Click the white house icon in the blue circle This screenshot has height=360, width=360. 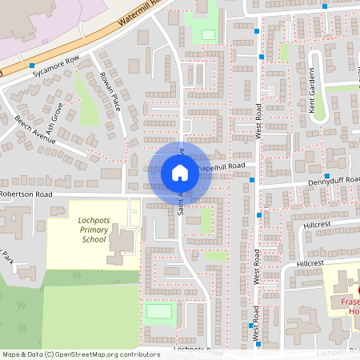[180, 172]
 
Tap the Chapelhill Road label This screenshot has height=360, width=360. [218, 166]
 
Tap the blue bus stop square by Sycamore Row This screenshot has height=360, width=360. [32, 66]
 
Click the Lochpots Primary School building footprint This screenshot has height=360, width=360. [122, 244]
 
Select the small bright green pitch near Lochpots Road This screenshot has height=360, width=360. [160, 310]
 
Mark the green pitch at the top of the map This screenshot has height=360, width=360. [208, 35]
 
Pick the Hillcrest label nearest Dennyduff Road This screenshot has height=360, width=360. [317, 226]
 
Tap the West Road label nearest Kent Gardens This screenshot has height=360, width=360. [258, 121]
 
